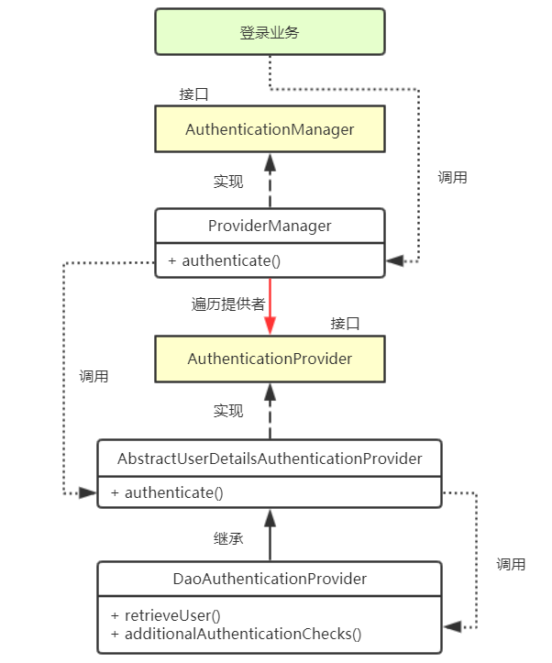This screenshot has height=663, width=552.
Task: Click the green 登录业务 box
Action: [270, 33]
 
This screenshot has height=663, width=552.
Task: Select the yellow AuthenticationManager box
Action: [270, 129]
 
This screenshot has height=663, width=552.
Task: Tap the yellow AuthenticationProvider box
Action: [270, 359]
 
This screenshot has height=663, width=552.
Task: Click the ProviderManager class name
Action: [270, 226]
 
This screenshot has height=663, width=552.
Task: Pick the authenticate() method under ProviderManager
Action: [224, 260]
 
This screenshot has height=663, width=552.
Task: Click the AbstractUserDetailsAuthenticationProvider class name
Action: [270, 458]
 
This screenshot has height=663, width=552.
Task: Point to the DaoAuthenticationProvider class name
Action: [270, 579]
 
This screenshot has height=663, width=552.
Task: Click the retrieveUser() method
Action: [166, 614]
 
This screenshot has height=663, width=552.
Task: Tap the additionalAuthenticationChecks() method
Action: [236, 633]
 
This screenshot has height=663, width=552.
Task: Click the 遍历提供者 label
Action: [228, 304]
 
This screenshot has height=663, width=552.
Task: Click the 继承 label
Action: [228, 538]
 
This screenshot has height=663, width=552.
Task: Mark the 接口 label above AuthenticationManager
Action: [193, 94]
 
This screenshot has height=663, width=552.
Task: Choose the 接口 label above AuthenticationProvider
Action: [345, 324]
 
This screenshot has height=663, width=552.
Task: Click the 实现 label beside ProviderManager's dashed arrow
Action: [228, 182]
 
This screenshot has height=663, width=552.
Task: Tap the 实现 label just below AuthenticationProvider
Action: [228, 411]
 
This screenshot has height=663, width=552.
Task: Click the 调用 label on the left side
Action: [94, 376]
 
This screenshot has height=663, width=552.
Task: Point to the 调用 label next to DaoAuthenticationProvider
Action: [511, 564]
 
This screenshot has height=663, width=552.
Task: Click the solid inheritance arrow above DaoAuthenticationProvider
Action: [270, 536]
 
